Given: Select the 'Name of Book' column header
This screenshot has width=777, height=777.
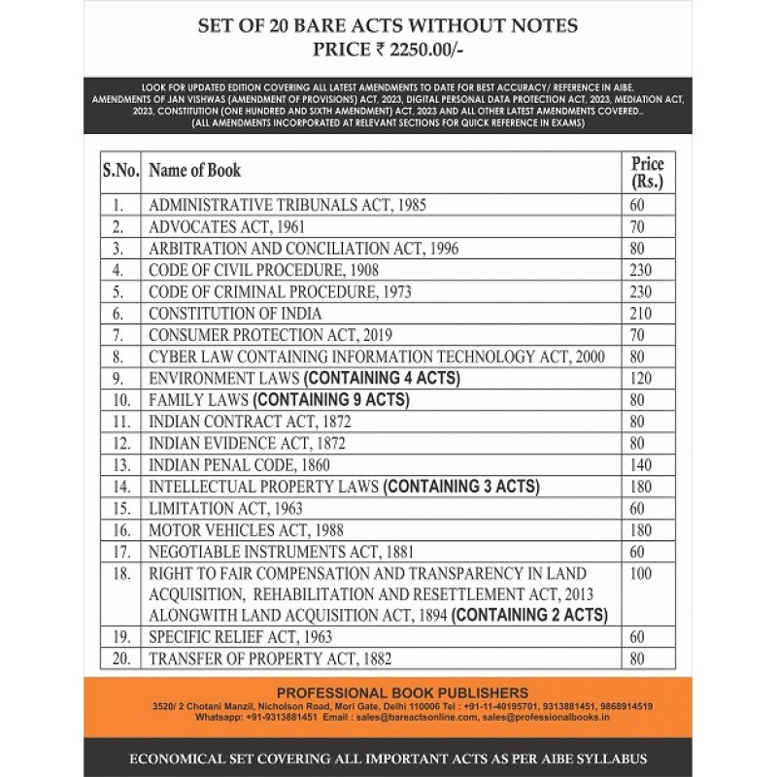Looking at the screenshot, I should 194,170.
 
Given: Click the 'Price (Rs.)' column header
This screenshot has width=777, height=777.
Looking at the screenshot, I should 647,172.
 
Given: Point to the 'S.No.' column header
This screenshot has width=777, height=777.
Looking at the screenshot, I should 120,170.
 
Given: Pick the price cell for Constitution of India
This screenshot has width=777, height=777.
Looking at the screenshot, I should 637,313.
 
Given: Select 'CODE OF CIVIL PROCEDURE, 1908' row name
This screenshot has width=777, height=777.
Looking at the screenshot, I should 263,270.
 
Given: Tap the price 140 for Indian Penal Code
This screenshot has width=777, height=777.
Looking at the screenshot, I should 637,464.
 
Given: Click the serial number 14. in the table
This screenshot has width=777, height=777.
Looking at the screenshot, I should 120,487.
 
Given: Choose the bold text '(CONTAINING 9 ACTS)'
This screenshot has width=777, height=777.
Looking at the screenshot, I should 331,400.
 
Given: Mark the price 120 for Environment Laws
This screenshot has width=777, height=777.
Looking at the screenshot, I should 637,378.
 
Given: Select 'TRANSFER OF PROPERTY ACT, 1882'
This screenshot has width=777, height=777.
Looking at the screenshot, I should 270,659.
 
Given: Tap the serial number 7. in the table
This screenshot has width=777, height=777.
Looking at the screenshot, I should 118,335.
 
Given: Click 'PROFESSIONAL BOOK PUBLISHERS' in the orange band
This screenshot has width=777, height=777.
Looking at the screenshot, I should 388,693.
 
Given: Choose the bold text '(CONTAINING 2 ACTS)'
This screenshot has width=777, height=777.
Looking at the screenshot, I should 530,615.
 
